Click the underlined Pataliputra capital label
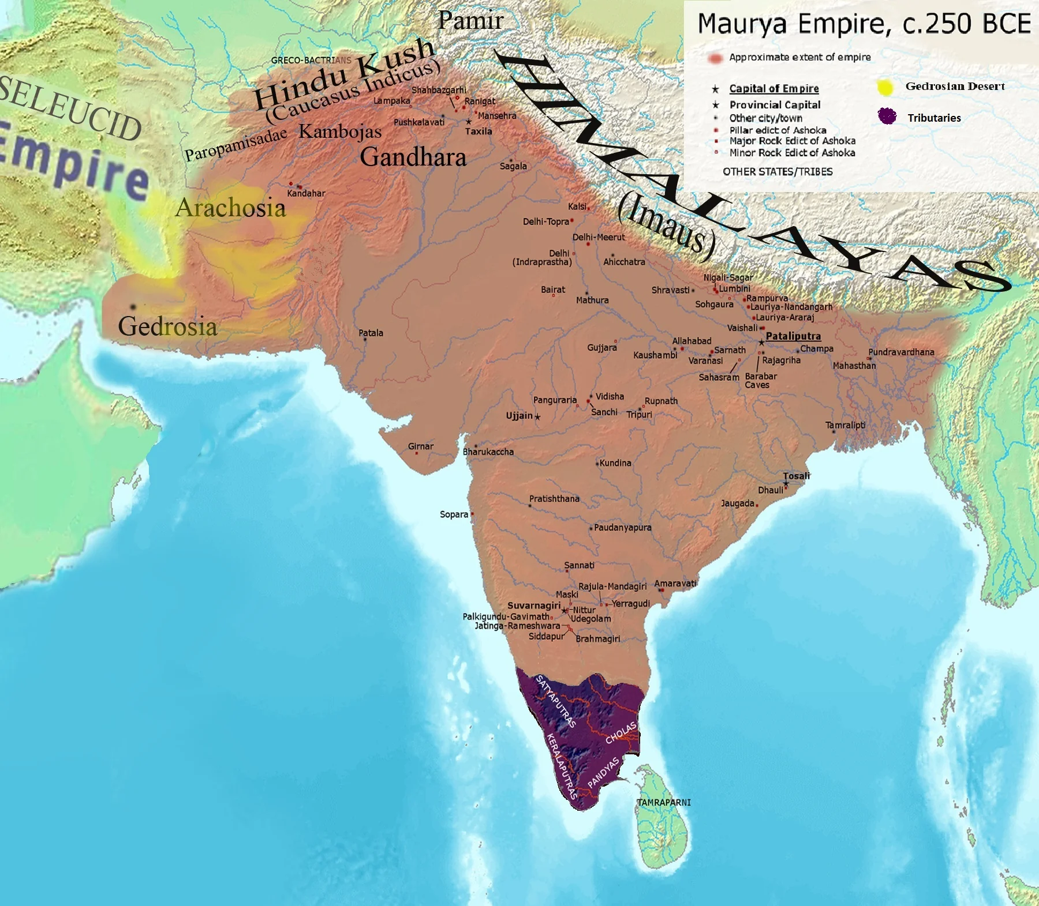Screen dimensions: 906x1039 (793, 336)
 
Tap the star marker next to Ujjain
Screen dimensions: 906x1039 (537, 417)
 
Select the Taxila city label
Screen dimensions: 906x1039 (479, 131)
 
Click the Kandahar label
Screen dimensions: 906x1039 (306, 194)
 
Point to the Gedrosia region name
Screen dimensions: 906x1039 (167, 326)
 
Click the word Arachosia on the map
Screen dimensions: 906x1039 (230, 208)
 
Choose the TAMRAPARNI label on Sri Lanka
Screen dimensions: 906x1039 (664, 802)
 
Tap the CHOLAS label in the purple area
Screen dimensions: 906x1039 (621, 732)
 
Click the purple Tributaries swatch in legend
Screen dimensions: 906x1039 (887, 116)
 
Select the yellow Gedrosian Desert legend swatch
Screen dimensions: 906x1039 (885, 87)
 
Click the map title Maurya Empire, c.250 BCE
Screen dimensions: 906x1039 (864, 24)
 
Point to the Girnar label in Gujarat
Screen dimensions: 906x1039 (420, 446)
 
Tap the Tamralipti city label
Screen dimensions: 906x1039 (845, 425)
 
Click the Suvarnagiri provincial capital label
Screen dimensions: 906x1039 (533, 606)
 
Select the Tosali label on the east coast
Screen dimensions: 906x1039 (797, 476)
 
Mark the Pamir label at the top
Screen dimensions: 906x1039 (470, 21)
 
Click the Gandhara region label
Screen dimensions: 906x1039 (413, 157)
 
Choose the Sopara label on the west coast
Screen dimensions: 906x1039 (454, 514)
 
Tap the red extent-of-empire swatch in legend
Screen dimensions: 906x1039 (715, 58)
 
